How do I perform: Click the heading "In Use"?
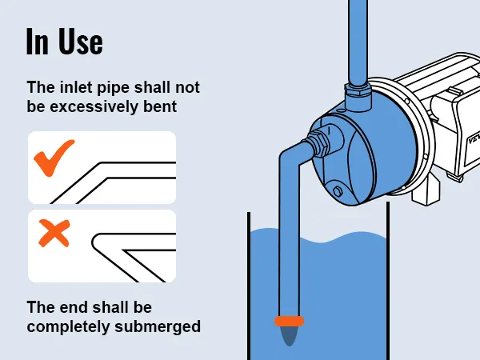[65, 42]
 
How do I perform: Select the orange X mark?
[54, 233]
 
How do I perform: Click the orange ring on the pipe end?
[289, 321]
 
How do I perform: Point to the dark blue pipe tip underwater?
[289, 336]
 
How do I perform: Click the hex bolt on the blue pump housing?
[338, 191]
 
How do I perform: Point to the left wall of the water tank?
[249, 286]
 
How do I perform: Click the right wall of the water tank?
[388, 281]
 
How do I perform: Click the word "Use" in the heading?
[81, 42]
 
